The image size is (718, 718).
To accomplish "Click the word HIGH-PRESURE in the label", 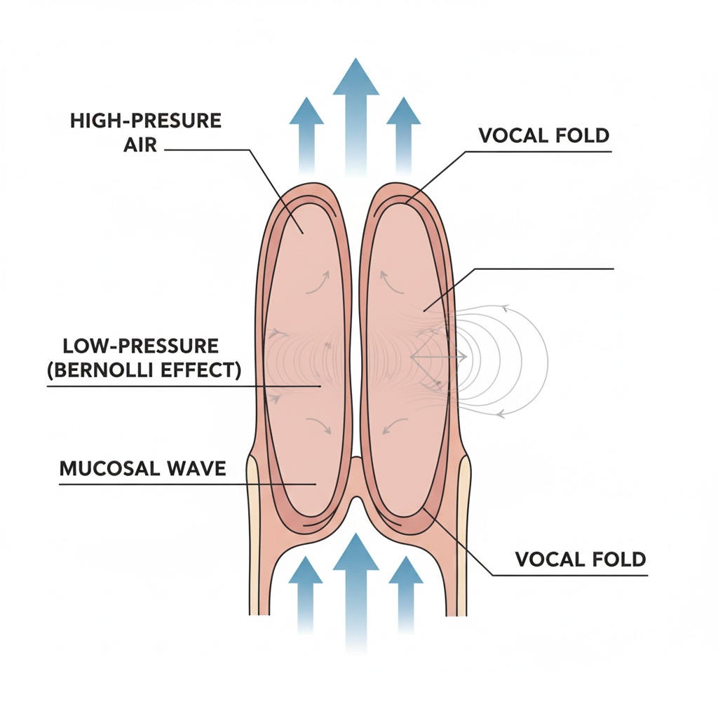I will (x=146, y=120).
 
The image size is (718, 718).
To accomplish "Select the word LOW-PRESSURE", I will (x=140, y=346).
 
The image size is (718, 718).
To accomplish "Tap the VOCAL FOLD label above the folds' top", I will (x=544, y=135).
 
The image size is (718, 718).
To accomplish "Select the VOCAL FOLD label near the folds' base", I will (x=580, y=559).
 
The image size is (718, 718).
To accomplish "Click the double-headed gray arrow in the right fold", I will (x=438, y=357).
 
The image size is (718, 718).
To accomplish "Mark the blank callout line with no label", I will (x=547, y=269).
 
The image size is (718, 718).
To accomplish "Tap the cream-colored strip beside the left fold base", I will (x=254, y=533).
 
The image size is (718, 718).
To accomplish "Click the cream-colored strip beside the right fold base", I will (x=463, y=533).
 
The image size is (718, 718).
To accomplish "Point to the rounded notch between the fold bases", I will (x=356, y=491).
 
